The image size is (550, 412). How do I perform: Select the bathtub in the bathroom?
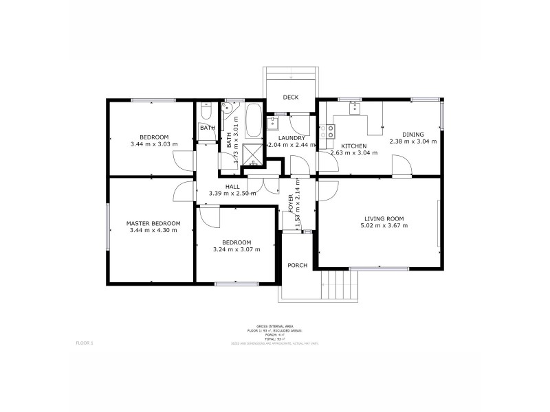[253, 121]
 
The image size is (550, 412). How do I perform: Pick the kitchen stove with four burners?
[330, 130]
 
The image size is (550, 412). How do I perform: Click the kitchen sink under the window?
[354, 108]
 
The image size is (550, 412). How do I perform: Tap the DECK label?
[290, 98]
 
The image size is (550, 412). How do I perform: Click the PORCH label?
[297, 265]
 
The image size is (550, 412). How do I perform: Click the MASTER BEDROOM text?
[153, 223]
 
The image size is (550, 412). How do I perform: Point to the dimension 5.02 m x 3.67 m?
[384, 226]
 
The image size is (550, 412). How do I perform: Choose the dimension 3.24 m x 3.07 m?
[236, 249]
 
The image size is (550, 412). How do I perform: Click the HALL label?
[232, 185]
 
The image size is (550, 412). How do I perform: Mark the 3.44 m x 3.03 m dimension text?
[153, 144]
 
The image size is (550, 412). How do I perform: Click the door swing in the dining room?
[401, 165]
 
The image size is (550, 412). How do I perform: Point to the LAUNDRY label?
[291, 138]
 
